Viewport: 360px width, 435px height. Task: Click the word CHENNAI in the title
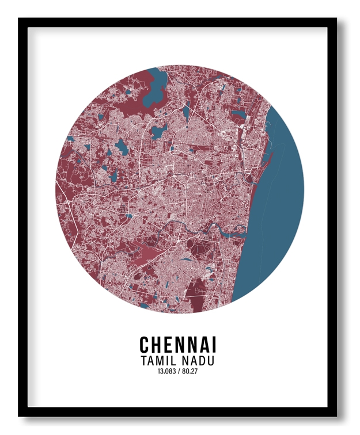178,345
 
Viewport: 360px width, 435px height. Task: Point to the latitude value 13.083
165,371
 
